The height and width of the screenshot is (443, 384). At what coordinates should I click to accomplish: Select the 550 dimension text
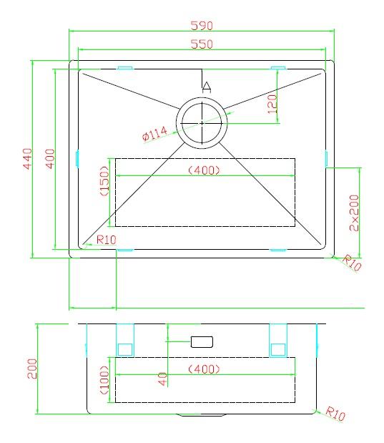click(202, 44)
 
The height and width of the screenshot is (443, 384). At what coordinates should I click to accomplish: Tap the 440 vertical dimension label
click(27, 158)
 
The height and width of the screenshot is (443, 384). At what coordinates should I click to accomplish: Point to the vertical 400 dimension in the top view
click(49, 158)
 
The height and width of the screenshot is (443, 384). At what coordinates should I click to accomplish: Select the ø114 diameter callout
click(155, 133)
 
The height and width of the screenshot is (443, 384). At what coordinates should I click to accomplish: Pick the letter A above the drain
click(206, 87)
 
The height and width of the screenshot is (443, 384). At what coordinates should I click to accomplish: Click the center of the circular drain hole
click(202, 122)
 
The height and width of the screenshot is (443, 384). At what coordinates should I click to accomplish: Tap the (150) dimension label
click(104, 182)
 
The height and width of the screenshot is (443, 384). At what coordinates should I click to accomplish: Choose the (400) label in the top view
click(204, 170)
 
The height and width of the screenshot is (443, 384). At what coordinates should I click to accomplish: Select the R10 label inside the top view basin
click(106, 240)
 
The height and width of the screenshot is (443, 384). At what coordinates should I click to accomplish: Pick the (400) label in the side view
click(204, 369)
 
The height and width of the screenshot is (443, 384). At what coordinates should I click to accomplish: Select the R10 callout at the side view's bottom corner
click(335, 414)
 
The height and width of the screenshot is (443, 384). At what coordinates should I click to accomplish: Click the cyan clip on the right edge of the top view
click(326, 158)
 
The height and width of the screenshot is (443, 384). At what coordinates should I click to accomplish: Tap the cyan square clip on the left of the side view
click(125, 349)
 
